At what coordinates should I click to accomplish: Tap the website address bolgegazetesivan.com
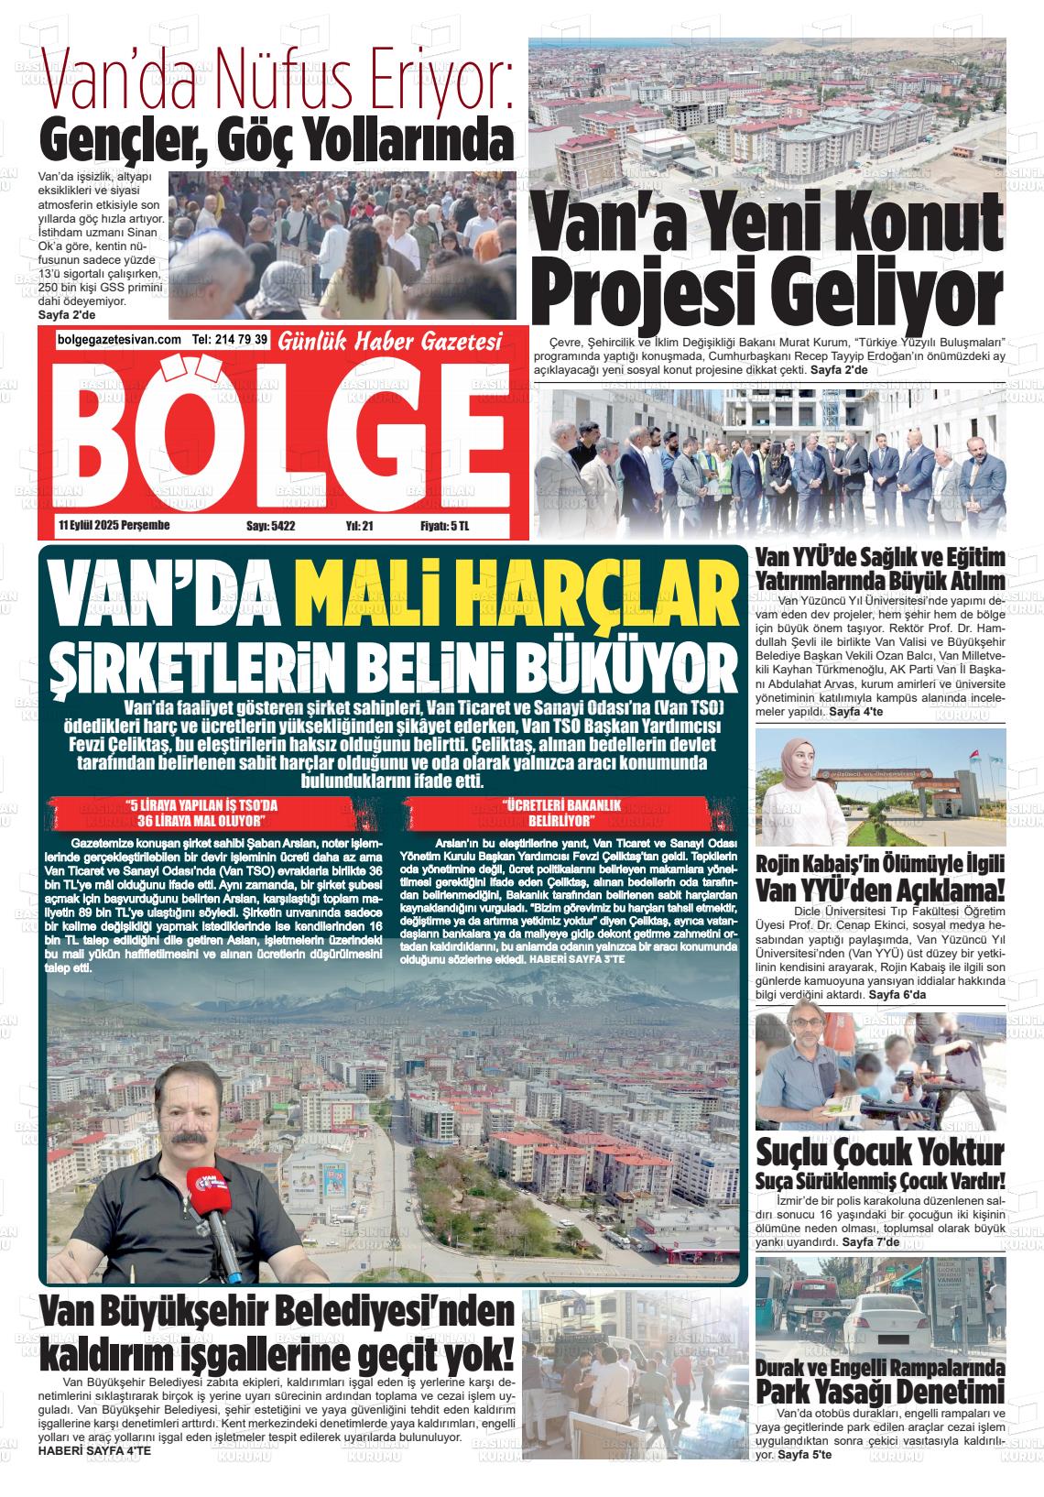click(119, 340)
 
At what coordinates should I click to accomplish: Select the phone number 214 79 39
click(242, 340)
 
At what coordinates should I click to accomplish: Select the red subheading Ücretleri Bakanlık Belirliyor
click(561, 812)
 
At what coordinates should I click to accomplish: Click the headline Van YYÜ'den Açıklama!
click(880, 891)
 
